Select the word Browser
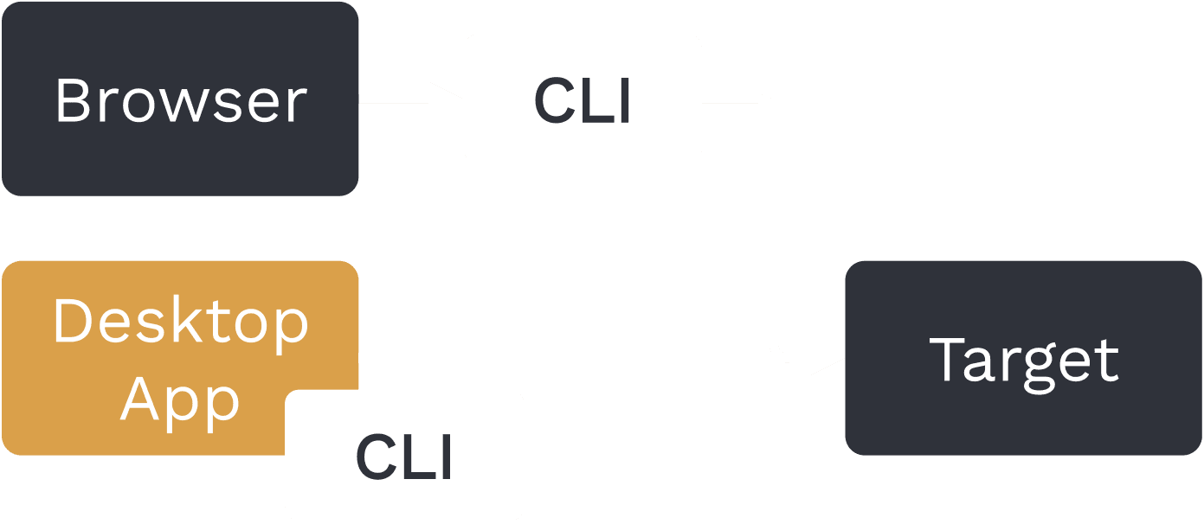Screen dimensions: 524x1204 click(x=181, y=101)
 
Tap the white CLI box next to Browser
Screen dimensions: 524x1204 click(x=583, y=99)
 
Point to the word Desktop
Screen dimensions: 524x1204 click(x=181, y=322)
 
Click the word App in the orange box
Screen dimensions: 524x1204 click(x=180, y=399)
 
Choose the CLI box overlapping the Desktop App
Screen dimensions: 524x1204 click(x=404, y=456)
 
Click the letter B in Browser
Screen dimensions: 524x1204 click(x=72, y=101)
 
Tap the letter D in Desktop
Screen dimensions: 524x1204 click(x=72, y=321)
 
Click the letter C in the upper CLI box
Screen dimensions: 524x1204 click(x=552, y=100)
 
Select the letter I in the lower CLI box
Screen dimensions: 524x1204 click(x=446, y=457)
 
